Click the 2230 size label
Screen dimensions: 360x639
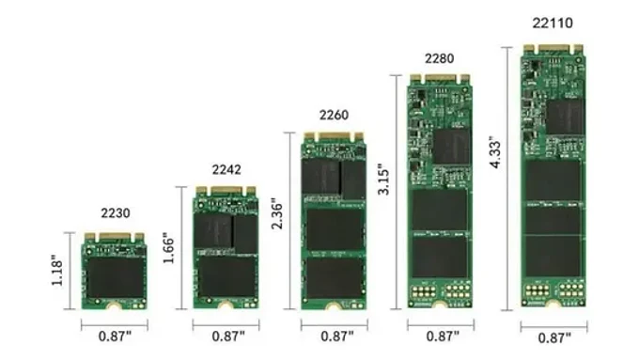pos(114,214)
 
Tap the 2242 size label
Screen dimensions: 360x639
pos(226,170)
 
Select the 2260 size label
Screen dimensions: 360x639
pos(333,117)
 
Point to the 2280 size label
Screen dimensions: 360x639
pos(439,58)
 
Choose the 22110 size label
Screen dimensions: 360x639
pos(553,23)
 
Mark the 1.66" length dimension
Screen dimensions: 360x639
pos(169,248)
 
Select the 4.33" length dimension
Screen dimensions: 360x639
pos(495,154)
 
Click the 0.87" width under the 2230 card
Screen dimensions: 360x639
pos(114,335)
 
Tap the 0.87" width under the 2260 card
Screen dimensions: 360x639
pos(333,336)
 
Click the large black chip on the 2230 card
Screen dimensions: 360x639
pos(114,275)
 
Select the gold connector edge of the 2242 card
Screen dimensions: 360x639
pos(226,191)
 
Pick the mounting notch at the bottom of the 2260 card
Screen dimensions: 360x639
pos(333,305)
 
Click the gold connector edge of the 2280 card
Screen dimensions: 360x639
pos(439,80)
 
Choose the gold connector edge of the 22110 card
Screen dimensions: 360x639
pos(553,48)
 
